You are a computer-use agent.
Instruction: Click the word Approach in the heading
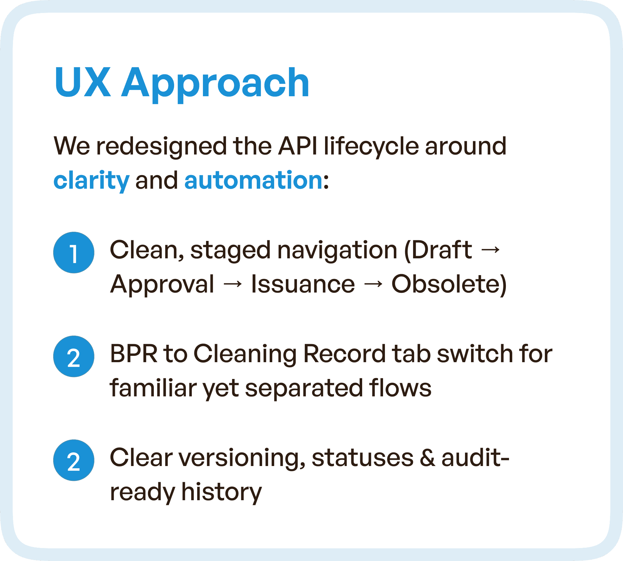click(x=215, y=83)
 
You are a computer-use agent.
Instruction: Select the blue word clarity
click(x=91, y=180)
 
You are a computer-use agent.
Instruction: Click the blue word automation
click(x=253, y=180)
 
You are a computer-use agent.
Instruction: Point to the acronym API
click(x=298, y=146)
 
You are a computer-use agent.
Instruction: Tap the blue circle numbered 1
click(x=74, y=253)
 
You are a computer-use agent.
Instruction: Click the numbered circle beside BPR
click(x=74, y=356)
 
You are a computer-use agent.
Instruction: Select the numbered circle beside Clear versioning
click(x=74, y=460)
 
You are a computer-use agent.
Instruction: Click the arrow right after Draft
click(x=490, y=250)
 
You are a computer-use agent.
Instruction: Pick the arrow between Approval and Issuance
click(x=233, y=284)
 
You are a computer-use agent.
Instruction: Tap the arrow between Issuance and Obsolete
click(x=373, y=284)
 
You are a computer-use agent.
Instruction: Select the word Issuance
click(x=303, y=284)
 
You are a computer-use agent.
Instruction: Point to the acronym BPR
click(x=134, y=354)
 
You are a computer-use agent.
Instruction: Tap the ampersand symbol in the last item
click(x=427, y=458)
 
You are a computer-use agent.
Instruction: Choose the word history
click(x=221, y=492)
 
